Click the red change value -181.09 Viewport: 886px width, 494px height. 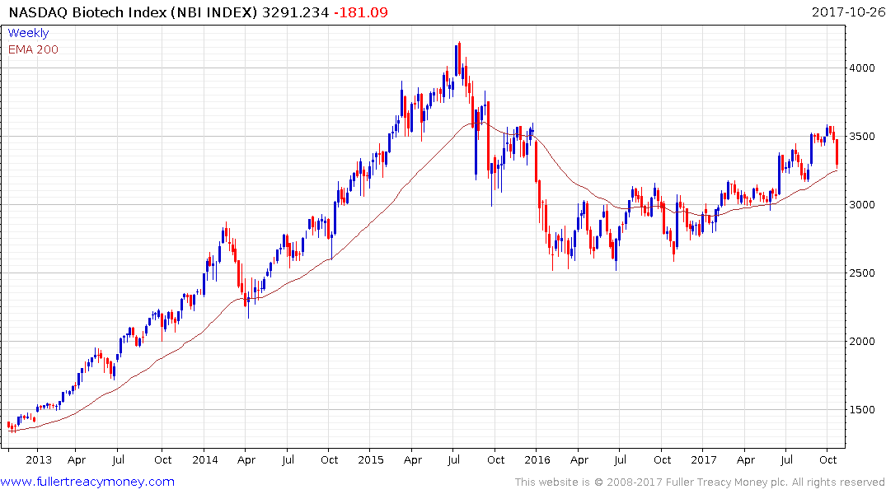pos(359,12)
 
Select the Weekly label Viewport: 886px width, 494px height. pos(28,33)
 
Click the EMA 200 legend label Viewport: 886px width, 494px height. pos(33,49)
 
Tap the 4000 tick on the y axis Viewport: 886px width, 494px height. pos(863,68)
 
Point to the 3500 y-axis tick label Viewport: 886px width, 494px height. pos(863,137)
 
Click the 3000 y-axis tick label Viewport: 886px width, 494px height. pos(863,205)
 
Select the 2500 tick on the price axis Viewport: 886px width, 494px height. pos(863,273)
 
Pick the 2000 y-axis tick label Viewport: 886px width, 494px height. pos(863,342)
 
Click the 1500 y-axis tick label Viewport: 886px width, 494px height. pos(863,410)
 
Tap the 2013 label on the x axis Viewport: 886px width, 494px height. pos(39,459)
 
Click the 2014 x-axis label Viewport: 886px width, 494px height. pos(205,459)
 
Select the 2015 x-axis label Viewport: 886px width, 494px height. pos(371,459)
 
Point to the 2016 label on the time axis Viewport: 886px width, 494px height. pos(537,459)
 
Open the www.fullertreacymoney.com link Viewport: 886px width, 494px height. pos(87,482)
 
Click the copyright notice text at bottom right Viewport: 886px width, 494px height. pos(700,482)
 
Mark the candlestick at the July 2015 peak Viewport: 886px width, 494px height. pos(457,58)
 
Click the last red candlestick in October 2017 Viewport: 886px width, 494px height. pos(837,153)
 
